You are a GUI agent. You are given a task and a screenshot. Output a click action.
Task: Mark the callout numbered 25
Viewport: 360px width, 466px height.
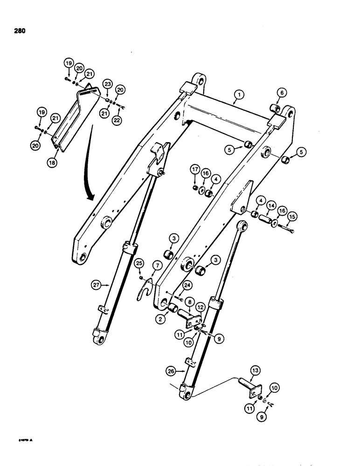pos(139,264)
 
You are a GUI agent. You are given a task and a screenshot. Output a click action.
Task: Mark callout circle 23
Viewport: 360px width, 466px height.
pos(108,84)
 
